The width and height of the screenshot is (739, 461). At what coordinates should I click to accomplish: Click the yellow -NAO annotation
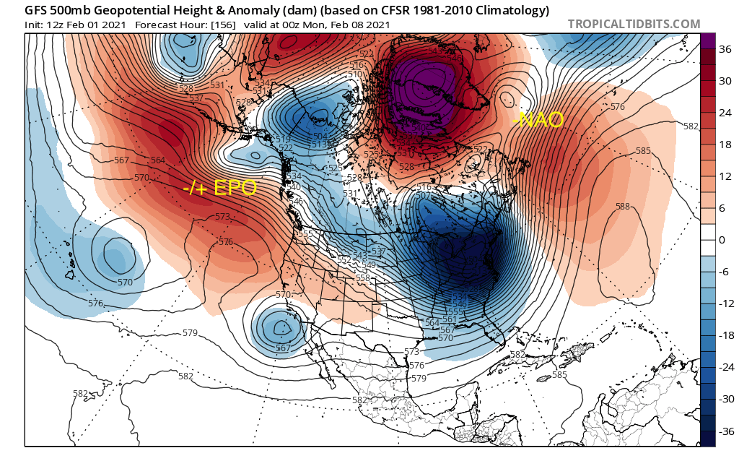pos(538,120)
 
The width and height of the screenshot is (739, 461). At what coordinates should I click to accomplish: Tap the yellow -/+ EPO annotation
pos(219,189)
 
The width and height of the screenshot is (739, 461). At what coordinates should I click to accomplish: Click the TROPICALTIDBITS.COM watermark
pos(634,24)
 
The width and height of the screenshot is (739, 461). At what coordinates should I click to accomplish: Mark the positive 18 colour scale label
pos(725,144)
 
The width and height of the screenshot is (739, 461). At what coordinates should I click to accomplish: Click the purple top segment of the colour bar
pos(708,41)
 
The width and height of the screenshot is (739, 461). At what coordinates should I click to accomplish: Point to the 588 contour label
pos(622,207)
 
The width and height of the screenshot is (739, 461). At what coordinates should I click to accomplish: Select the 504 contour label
pos(320,137)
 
